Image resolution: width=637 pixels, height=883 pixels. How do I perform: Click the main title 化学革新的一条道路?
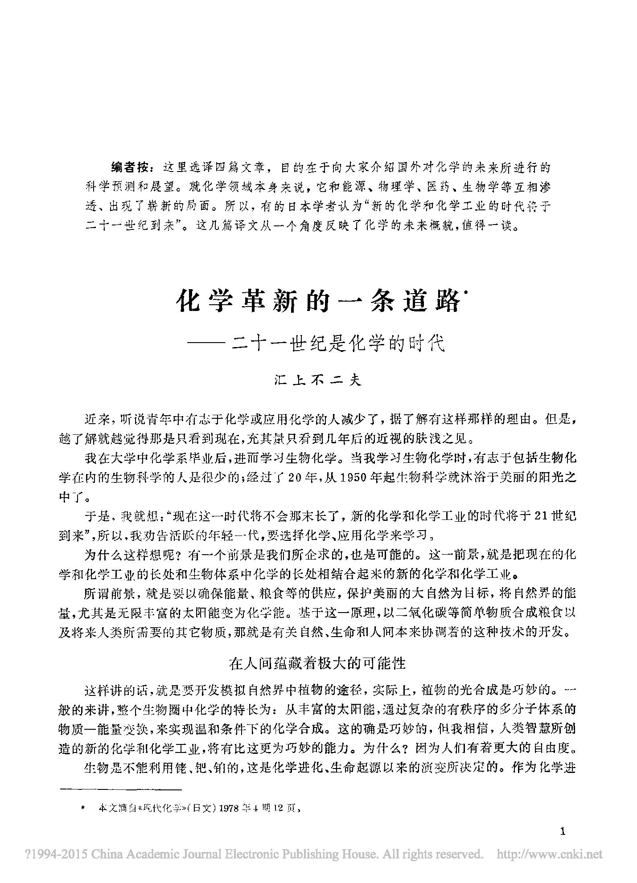coord(317,303)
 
